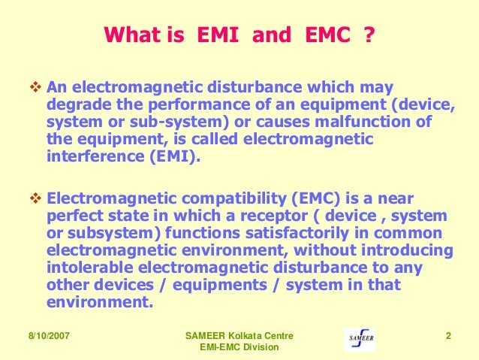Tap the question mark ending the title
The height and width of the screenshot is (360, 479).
click(x=368, y=35)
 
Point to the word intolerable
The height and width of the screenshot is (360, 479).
click(x=89, y=268)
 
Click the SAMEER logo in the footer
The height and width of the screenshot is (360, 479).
click(x=361, y=339)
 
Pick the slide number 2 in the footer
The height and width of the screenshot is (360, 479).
click(x=447, y=335)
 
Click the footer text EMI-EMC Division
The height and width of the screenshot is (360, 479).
click(x=239, y=347)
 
